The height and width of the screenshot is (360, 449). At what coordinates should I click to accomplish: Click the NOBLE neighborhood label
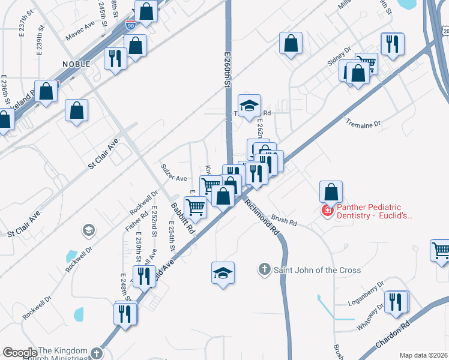76,64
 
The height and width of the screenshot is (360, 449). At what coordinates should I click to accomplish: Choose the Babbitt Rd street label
183,217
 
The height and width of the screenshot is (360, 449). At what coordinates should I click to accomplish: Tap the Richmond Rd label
263,215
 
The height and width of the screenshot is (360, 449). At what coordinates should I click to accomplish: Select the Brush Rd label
284,220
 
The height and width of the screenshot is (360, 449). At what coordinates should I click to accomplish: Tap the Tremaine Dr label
363,124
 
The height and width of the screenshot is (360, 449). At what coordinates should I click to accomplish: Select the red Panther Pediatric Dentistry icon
328,211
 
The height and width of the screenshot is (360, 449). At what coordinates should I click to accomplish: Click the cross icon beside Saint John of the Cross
265,270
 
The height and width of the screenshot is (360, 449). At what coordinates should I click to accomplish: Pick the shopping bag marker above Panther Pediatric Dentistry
331,192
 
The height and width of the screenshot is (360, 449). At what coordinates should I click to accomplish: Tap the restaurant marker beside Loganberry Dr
395,301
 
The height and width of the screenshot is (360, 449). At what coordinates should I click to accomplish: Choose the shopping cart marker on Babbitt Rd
196,207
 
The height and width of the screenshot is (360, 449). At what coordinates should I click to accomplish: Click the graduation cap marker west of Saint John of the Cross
223,273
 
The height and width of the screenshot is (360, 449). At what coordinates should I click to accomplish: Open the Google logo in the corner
20,352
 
